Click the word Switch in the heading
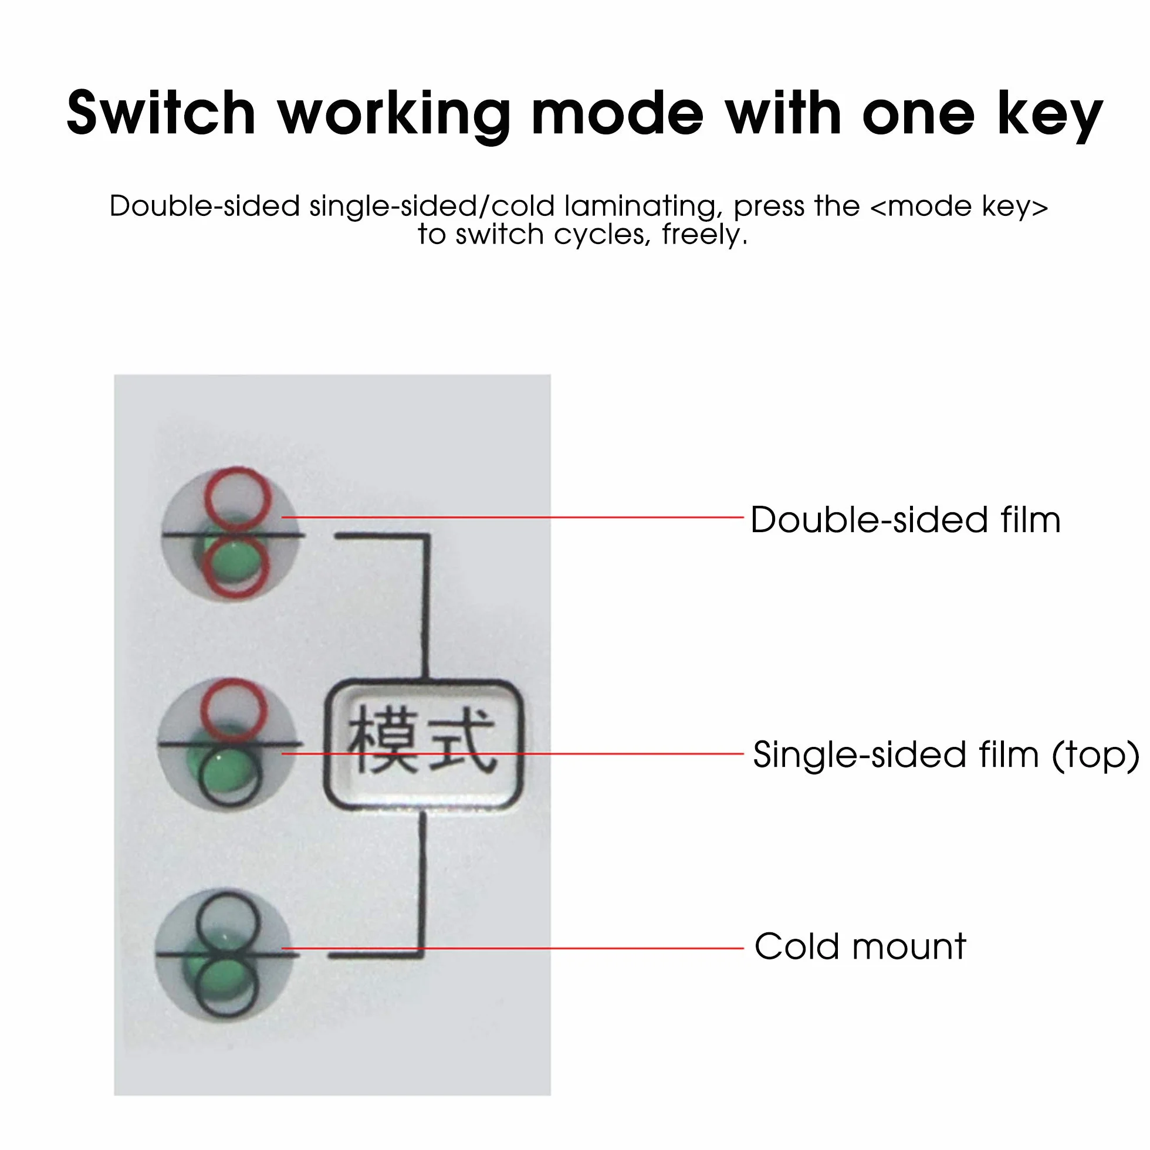161,113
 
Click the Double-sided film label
905,520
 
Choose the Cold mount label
860,946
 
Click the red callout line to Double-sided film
512,517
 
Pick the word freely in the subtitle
705,236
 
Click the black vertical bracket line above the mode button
426,607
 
